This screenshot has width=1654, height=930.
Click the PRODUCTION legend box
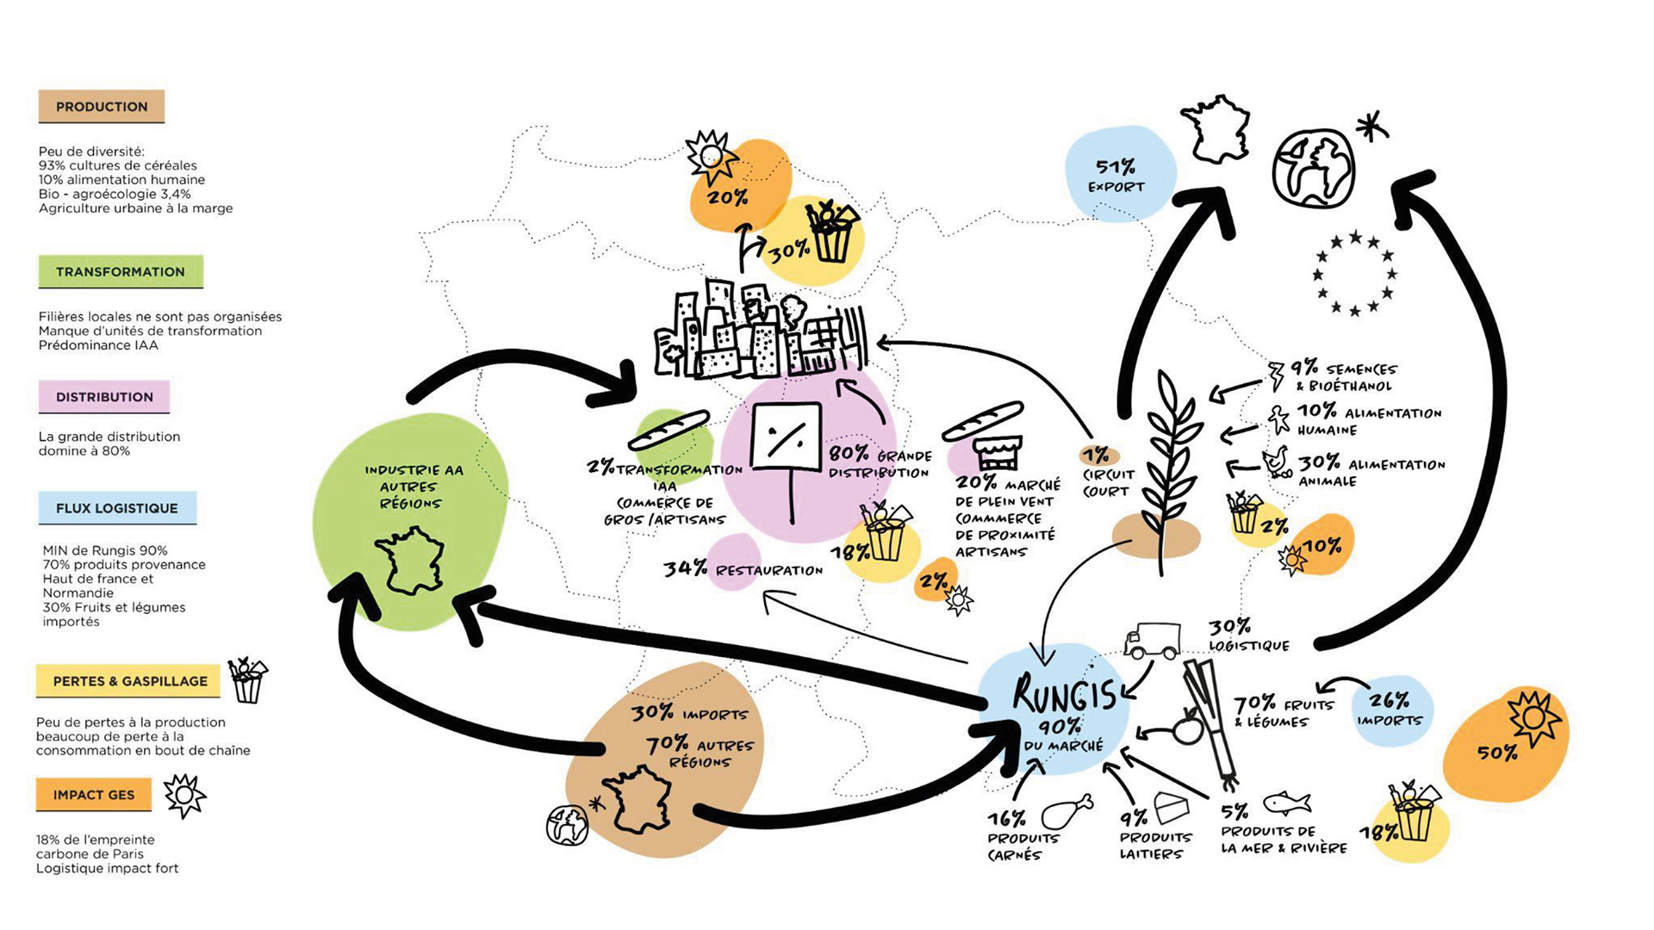point(101,107)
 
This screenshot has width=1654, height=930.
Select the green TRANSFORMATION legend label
point(121,272)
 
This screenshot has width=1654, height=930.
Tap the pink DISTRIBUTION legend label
point(104,397)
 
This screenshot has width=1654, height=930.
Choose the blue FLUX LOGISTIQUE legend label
point(117,508)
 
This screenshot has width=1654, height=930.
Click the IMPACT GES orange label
point(94,795)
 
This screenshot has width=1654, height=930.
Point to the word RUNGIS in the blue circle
point(1064,694)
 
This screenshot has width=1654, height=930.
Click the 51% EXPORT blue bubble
point(1117,175)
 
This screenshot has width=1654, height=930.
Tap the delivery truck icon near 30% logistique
point(1152,641)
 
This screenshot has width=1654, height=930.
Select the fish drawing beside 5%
point(1287,803)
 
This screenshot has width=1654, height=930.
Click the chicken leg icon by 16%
point(1066,812)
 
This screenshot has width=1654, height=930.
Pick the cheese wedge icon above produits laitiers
point(1171,808)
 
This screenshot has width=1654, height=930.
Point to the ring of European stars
point(1354,272)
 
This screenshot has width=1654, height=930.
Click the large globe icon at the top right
point(1313,169)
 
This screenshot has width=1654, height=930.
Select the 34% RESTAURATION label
point(743,569)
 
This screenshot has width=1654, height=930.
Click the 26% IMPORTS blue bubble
point(1390,710)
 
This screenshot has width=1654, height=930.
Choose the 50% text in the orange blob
point(1497,753)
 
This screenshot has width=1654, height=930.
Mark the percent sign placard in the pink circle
point(787,436)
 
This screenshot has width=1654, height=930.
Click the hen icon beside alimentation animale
point(1278,462)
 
